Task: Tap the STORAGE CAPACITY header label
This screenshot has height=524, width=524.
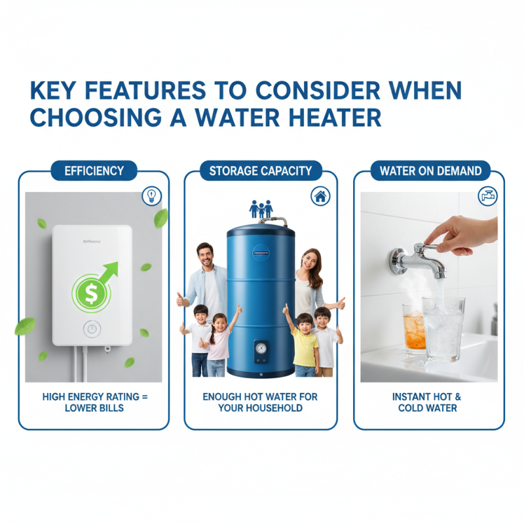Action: pyautogui.click(x=260, y=172)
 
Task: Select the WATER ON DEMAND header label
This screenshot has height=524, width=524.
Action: pyautogui.click(x=430, y=172)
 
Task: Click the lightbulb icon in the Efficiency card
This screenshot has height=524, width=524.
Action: pyautogui.click(x=151, y=195)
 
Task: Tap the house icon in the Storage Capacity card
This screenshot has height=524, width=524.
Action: pyautogui.click(x=320, y=195)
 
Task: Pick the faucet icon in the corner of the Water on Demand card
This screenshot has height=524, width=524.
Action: pyautogui.click(x=489, y=195)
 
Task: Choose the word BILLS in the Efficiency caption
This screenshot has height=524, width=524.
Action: pyautogui.click(x=114, y=408)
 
